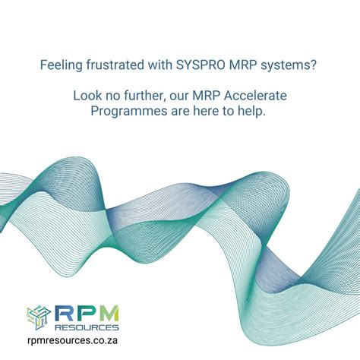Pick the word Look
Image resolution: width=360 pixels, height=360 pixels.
(87, 96)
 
